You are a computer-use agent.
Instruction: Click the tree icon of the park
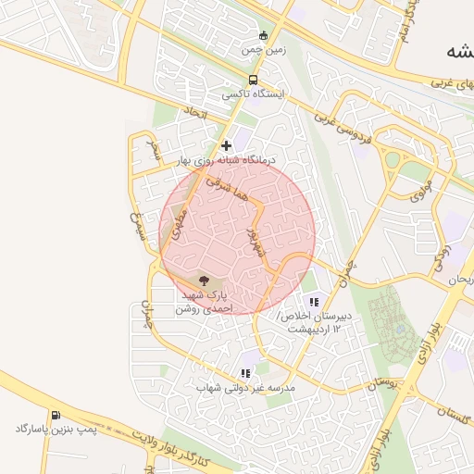coord(204,279)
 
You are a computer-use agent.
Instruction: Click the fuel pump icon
coord(56,415)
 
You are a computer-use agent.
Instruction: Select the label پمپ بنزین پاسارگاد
coord(56,430)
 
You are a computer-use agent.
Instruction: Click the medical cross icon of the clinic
coord(226,145)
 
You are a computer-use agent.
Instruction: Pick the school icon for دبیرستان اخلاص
coord(313,301)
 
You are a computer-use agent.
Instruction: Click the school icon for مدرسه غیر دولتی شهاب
coord(244,373)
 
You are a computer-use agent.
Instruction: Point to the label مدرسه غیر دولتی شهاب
coord(244,388)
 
